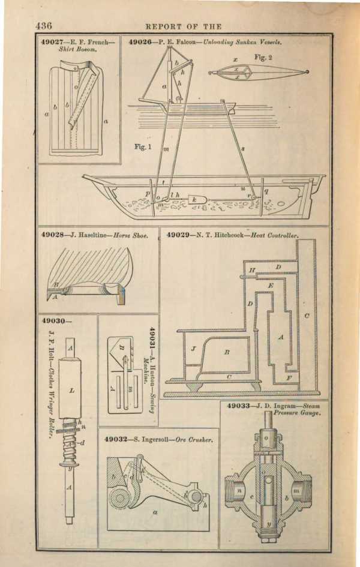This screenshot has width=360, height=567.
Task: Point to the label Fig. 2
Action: click(x=263, y=57)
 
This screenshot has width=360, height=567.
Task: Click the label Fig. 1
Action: click(x=142, y=146)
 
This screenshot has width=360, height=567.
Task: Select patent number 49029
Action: click(x=179, y=235)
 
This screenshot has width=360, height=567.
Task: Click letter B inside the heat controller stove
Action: click(x=227, y=353)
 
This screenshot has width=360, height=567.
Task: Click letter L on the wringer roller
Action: click(x=71, y=391)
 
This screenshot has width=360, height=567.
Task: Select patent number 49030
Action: click(x=54, y=321)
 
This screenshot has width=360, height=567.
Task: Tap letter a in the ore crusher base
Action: click(x=155, y=513)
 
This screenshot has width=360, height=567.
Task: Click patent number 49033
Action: click(x=241, y=406)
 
